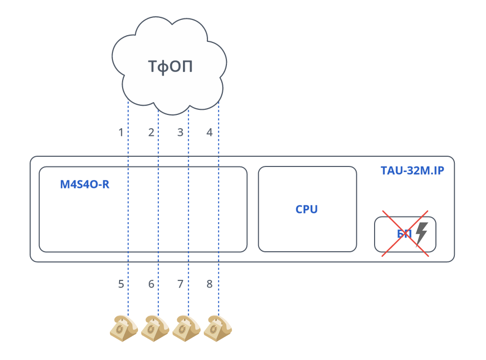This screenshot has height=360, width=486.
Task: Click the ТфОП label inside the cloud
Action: pos(170,67)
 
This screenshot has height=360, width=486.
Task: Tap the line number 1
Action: pos(121,133)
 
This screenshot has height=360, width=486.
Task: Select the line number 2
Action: pos(151,133)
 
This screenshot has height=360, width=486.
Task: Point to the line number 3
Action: pos(180,133)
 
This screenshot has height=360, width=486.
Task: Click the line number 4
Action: pos(210,133)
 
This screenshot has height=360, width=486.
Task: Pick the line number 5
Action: pos(121,284)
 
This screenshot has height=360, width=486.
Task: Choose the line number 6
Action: pos(151,284)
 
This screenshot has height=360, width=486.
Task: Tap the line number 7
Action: pos(180,284)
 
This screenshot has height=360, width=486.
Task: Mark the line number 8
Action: pos(210,284)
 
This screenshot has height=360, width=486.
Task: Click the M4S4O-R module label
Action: pos(85,184)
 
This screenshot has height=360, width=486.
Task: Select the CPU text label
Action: pos(307,209)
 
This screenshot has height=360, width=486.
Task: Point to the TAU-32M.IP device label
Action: pos(412,171)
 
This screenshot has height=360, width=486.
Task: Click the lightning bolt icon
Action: pos(421,234)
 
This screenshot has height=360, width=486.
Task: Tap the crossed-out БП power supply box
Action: pos(405,234)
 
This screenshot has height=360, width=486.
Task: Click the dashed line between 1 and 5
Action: pos(128,209)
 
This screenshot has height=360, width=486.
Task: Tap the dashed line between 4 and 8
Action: pos(219,209)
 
